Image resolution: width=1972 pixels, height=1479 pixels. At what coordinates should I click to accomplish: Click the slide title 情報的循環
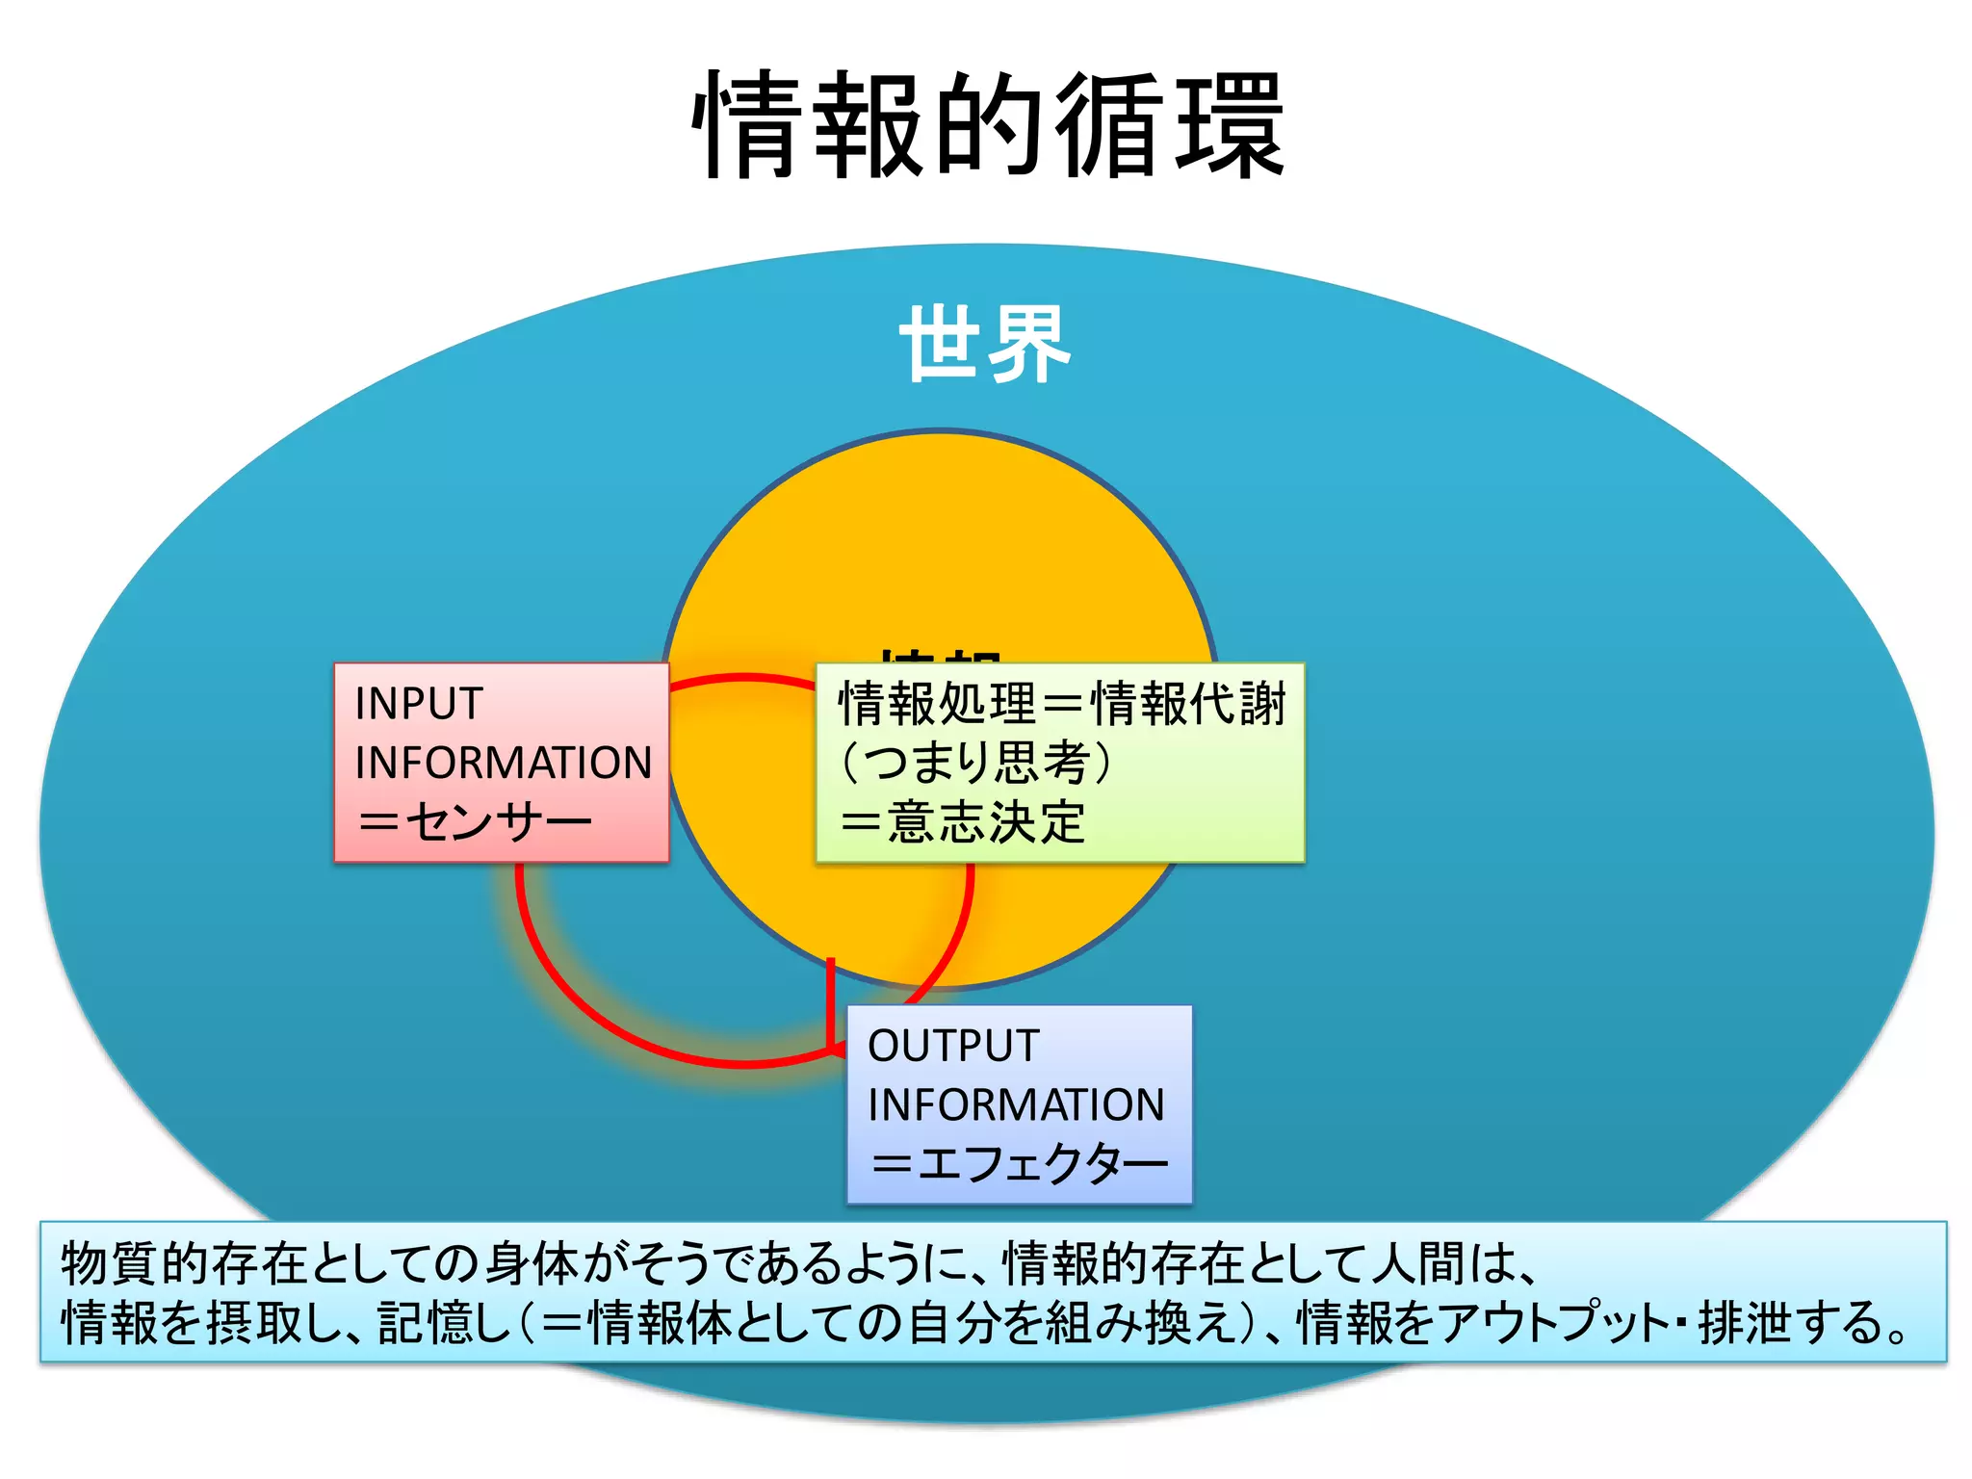click(x=988, y=125)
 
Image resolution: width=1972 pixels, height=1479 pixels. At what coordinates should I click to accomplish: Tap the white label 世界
click(x=984, y=345)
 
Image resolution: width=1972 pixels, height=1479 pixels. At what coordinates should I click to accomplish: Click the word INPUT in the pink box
click(x=418, y=704)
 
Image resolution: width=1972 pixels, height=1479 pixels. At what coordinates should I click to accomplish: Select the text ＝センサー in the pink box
click(x=474, y=822)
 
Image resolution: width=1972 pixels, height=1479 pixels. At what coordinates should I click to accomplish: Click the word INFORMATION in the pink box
click(x=503, y=763)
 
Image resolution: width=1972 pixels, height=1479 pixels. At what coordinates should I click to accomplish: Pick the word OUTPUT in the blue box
click(x=953, y=1047)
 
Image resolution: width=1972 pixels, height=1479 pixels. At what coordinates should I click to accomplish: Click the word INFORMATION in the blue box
click(x=1016, y=1105)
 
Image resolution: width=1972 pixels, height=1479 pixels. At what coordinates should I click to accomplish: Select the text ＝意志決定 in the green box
click(x=962, y=822)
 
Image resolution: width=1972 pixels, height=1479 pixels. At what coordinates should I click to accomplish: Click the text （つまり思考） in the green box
click(x=976, y=763)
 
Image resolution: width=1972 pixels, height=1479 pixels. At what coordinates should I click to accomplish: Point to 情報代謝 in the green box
click(x=1190, y=704)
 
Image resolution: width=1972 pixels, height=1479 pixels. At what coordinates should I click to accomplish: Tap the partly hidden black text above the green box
click(x=942, y=656)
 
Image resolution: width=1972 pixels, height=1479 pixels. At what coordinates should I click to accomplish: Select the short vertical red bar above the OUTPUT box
click(x=831, y=1001)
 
